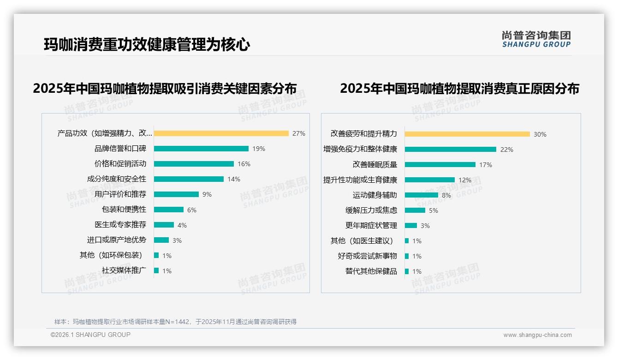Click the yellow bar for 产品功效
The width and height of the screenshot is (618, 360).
point(221,133)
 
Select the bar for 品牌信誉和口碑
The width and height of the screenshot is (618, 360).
point(201,149)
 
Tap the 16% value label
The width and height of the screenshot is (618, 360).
point(244,164)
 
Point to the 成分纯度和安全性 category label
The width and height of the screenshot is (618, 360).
point(116,179)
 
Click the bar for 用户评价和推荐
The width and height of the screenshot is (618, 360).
point(176,194)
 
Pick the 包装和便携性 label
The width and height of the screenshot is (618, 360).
point(124,210)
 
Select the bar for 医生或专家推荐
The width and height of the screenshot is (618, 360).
point(164,225)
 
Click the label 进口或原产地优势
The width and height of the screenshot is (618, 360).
point(116,240)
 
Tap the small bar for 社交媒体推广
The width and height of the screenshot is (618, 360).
point(156,270)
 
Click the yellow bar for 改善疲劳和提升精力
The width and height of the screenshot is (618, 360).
point(467,134)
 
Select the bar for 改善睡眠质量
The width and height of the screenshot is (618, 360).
point(440,165)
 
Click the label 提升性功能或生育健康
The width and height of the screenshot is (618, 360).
point(360,180)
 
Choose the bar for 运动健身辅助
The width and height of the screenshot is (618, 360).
point(422,195)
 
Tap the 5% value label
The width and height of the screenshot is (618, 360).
point(434,210)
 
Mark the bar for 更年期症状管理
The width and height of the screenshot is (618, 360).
point(411,226)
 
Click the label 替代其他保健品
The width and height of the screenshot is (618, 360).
point(371,271)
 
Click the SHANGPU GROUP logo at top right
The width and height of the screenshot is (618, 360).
point(536,39)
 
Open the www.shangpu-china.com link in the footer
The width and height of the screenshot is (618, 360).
point(537,335)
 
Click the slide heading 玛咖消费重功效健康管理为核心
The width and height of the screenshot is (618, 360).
point(147,45)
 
